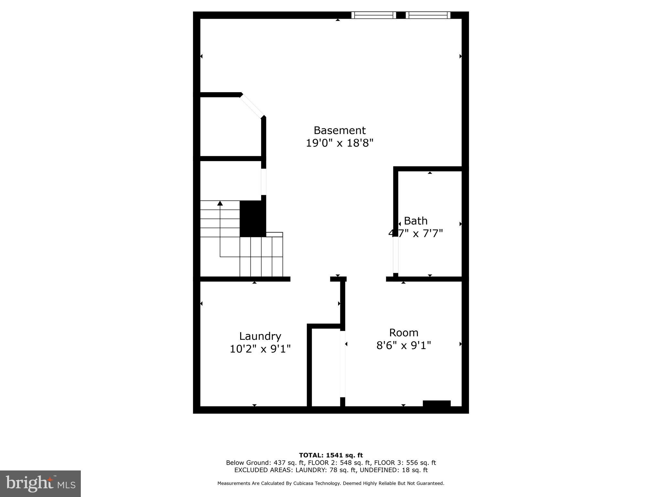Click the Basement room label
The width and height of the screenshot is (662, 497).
pyautogui.click(x=339, y=130)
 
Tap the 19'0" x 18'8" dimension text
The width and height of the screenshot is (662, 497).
pyautogui.click(x=339, y=143)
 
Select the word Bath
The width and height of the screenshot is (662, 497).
pyautogui.click(x=416, y=221)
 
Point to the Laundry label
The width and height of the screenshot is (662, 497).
pyautogui.click(x=260, y=336)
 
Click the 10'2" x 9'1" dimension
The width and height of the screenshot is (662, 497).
pyautogui.click(x=260, y=349)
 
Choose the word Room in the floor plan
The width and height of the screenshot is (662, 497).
pyautogui.click(x=403, y=333)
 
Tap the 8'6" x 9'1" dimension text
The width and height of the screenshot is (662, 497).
pyautogui.click(x=403, y=346)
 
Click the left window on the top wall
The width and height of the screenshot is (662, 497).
pyautogui.click(x=373, y=15)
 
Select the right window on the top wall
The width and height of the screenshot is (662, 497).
pyautogui.click(x=428, y=15)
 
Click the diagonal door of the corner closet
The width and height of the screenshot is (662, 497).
pyautogui.click(x=252, y=106)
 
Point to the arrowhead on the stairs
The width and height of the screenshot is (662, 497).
pyautogui.click(x=220, y=203)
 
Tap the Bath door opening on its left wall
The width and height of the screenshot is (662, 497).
pyautogui.click(x=396, y=255)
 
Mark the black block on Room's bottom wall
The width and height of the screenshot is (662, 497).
pyautogui.click(x=436, y=403)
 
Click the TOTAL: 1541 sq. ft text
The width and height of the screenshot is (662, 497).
pyautogui.click(x=331, y=455)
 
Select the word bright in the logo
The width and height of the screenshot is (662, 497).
pyautogui.click(x=29, y=483)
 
